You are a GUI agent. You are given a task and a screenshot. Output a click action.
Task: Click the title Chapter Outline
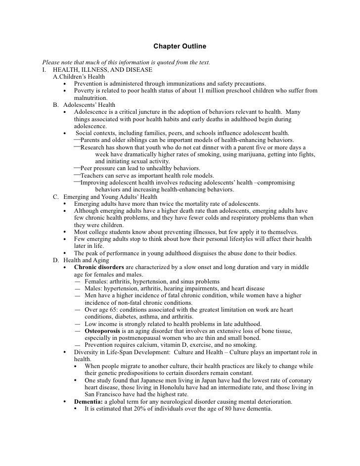[180, 47]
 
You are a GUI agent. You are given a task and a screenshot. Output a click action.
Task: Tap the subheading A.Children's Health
[79, 77]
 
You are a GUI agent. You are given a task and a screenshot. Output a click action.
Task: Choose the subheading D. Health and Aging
[81, 260]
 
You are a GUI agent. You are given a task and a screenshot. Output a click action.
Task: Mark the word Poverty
[85, 91]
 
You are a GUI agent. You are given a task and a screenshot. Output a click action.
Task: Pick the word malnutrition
[90, 98]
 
